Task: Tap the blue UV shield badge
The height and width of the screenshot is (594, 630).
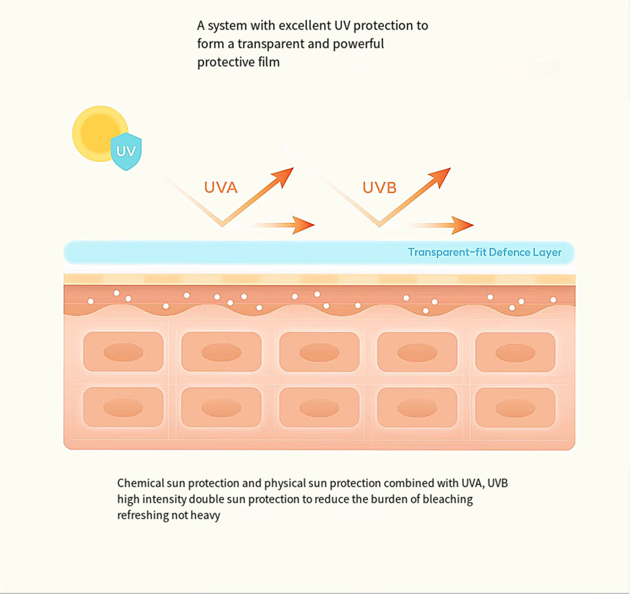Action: pyautogui.click(x=127, y=152)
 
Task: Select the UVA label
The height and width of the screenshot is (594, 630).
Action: pyautogui.click(x=220, y=187)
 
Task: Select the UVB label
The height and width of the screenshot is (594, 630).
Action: pyautogui.click(x=379, y=187)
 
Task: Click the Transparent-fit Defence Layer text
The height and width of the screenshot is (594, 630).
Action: pyautogui.click(x=484, y=252)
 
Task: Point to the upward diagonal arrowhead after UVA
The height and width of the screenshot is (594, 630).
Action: pyautogui.click(x=285, y=175)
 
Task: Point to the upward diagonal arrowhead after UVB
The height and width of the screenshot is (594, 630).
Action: pyautogui.click(x=444, y=175)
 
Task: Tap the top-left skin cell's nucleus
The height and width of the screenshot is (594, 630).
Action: pyautogui.click(x=123, y=352)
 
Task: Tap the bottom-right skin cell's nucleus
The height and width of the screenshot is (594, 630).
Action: pyautogui.click(x=514, y=408)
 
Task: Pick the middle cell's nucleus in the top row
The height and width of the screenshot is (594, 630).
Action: pyautogui.click(x=319, y=352)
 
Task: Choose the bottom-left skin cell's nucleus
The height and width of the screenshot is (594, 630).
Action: pyautogui.click(x=123, y=408)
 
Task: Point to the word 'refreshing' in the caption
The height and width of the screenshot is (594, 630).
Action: pyautogui.click(x=142, y=516)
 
